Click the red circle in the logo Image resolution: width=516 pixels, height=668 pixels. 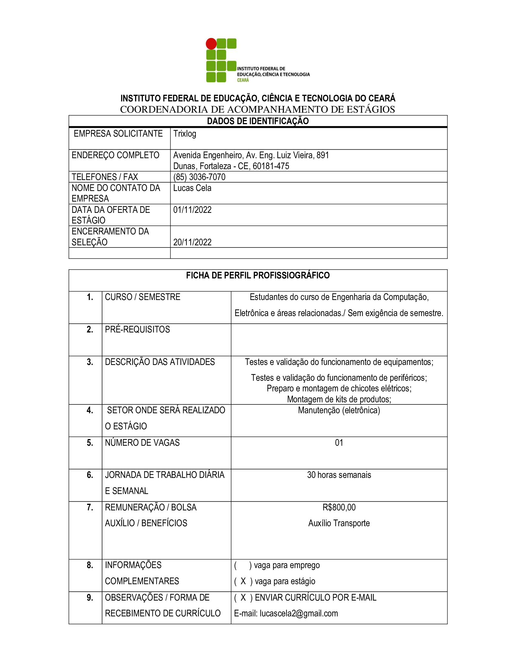211,44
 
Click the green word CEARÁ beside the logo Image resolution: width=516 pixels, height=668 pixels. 243,80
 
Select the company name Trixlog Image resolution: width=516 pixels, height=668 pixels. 185,134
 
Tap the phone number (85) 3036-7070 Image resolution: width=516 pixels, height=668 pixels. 199,177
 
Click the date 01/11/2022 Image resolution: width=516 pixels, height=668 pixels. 192,210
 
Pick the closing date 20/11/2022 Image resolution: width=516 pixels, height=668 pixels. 192,242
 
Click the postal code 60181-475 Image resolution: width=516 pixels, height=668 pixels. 271,166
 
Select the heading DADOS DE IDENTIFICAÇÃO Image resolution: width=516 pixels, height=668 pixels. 258,121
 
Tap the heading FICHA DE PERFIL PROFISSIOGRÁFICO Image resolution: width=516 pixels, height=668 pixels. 258,275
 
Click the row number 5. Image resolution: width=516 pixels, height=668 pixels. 90,443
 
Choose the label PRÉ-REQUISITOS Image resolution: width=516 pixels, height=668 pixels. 137,329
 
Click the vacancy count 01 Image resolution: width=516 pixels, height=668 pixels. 339,443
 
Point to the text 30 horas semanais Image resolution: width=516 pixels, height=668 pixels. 339,475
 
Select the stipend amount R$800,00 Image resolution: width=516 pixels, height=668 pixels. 339,507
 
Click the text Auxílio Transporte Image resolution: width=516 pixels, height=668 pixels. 339,523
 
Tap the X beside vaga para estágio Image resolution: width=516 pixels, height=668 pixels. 243,581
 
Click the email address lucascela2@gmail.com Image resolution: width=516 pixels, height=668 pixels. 299,614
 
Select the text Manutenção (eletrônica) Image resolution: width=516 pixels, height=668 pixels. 339,410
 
